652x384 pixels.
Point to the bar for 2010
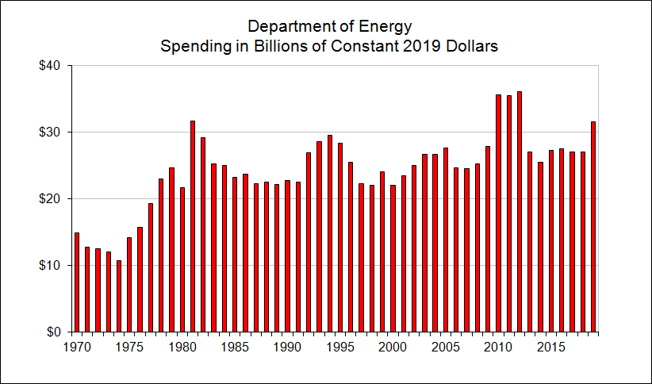tap(498, 213)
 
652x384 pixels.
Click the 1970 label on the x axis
tap(77, 347)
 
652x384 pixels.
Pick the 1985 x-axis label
tap(235, 347)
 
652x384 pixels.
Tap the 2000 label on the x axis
tap(393, 347)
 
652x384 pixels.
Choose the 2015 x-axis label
tap(550, 347)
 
